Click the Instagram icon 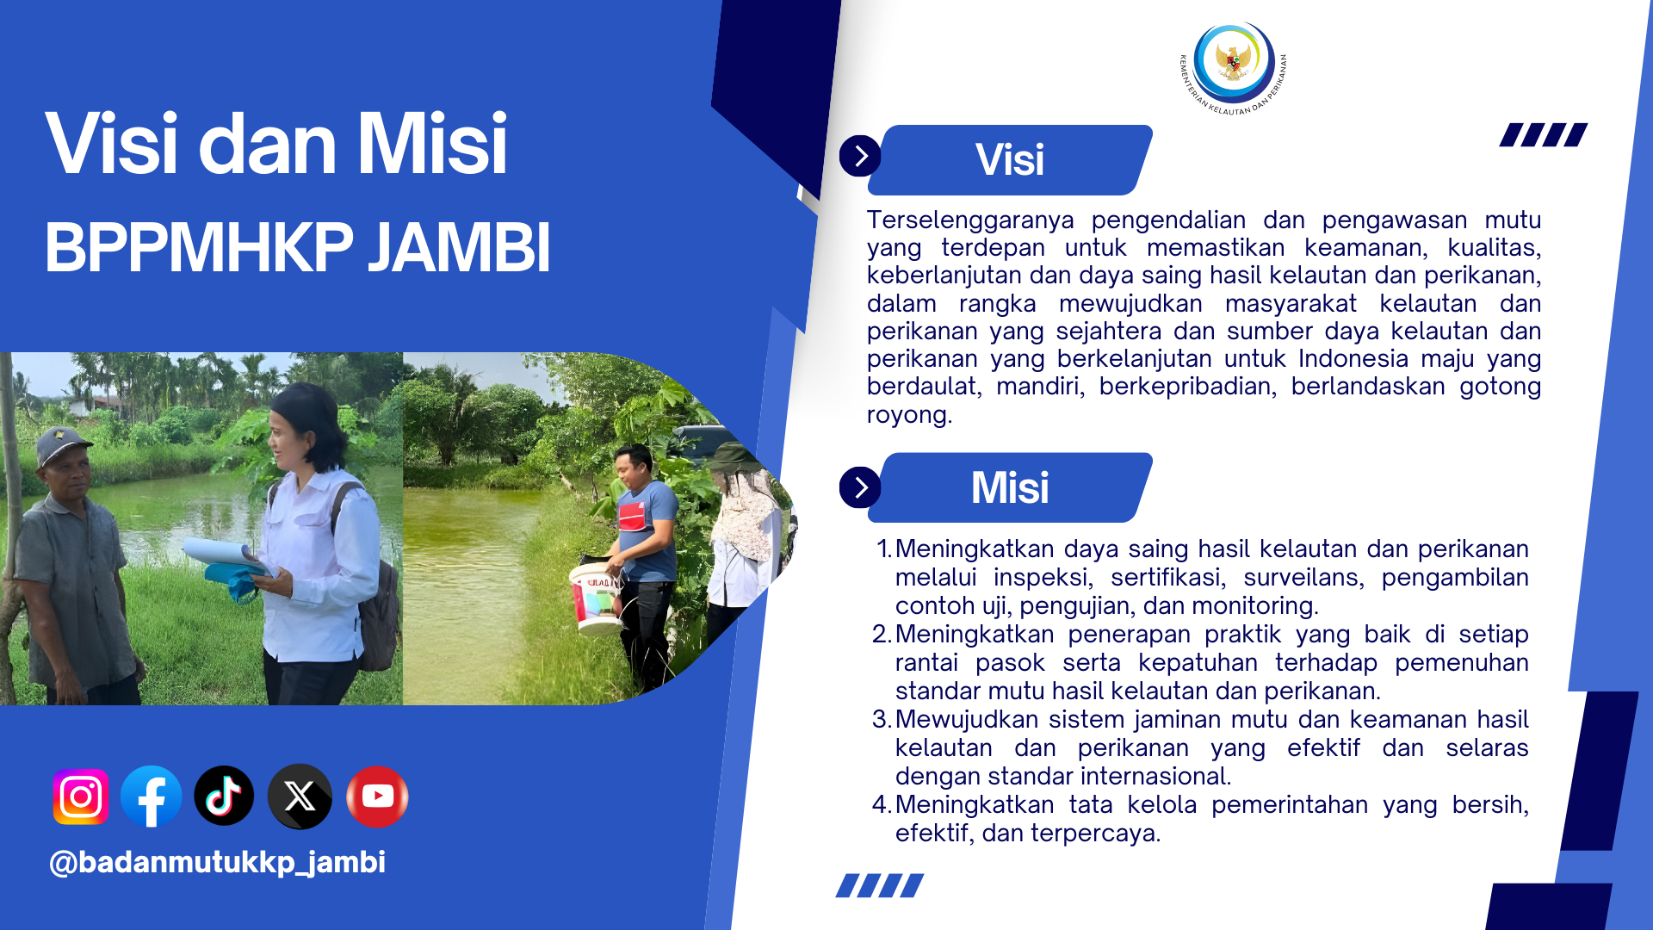(81, 797)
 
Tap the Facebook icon (152, 797)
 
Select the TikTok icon (224, 796)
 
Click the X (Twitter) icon (300, 797)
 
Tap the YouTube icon (377, 797)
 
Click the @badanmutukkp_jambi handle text (217, 862)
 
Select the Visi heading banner (1009, 160)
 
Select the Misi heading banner (1009, 487)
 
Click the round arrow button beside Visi (860, 156)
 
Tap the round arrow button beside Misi (860, 487)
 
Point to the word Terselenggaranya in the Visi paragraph (969, 220)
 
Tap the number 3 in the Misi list (880, 719)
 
